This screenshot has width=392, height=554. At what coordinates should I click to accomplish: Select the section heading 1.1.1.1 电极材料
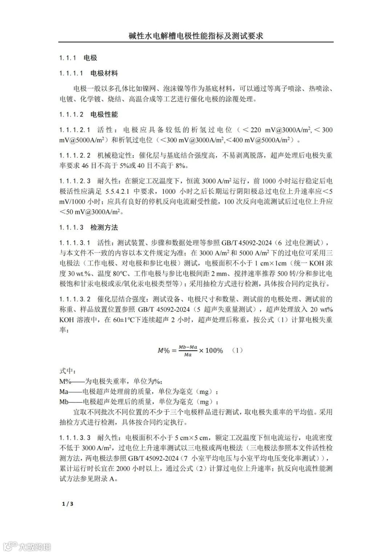[x=89, y=73]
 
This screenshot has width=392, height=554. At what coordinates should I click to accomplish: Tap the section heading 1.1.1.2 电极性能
[x=89, y=115]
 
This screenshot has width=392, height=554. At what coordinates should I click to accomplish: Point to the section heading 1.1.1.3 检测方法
[x=89, y=227]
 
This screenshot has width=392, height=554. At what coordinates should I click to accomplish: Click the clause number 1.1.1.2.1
[x=75, y=130]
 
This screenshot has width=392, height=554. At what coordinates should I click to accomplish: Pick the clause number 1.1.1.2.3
[x=75, y=180]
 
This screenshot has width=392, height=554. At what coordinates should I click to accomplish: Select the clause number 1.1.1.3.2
[x=75, y=299]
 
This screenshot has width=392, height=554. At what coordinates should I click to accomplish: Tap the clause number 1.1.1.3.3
[x=75, y=438]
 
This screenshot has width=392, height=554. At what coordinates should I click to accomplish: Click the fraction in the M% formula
[x=188, y=351]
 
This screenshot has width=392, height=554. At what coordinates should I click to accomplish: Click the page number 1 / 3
[x=68, y=504]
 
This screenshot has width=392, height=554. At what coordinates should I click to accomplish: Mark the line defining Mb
[x=139, y=402]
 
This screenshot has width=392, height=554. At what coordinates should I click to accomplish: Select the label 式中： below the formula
[x=68, y=371]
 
